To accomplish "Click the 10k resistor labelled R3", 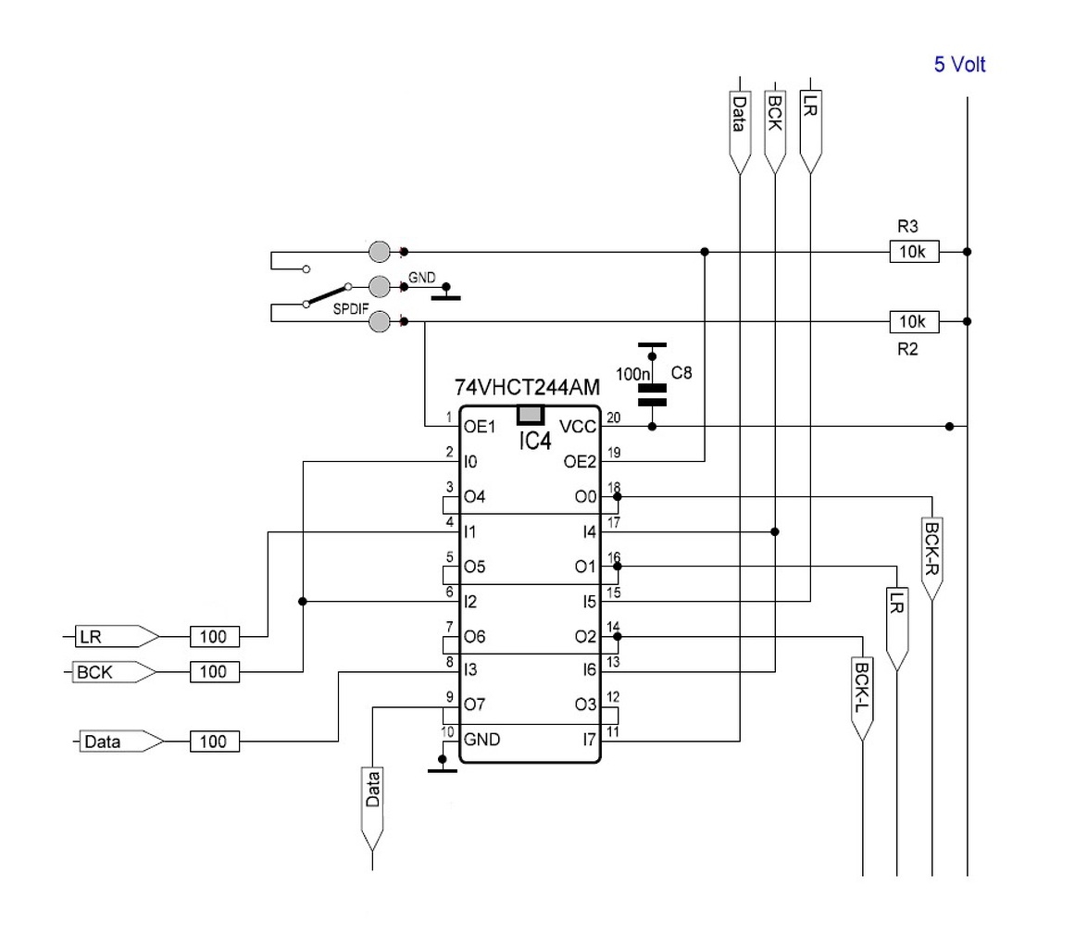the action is pos(914,252).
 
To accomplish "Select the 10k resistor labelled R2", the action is pos(914,321).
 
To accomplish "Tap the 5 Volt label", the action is pos(959,65).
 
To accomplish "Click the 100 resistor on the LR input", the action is pos(215,637).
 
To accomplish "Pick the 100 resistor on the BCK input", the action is pos(215,672).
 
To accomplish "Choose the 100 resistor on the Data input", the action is pos(215,742).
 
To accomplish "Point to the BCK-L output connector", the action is pos(862,698).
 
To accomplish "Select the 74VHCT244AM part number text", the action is pos(527,387).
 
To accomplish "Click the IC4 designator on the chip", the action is pos(535,441).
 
